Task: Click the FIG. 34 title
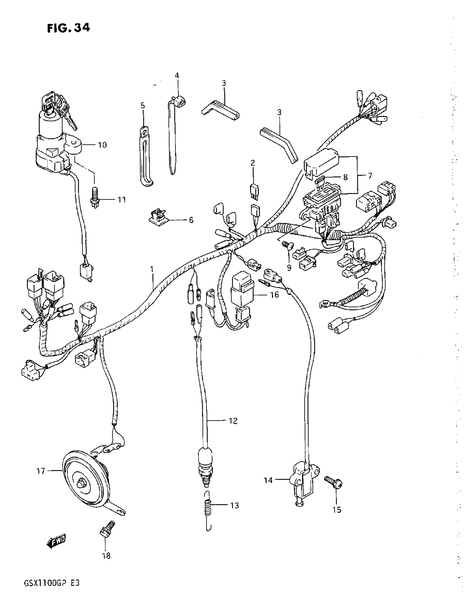pyautogui.click(x=68, y=28)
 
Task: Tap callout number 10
pyautogui.click(x=102, y=145)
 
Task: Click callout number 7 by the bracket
pyautogui.click(x=370, y=176)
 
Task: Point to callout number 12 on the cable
pyautogui.click(x=233, y=428)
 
